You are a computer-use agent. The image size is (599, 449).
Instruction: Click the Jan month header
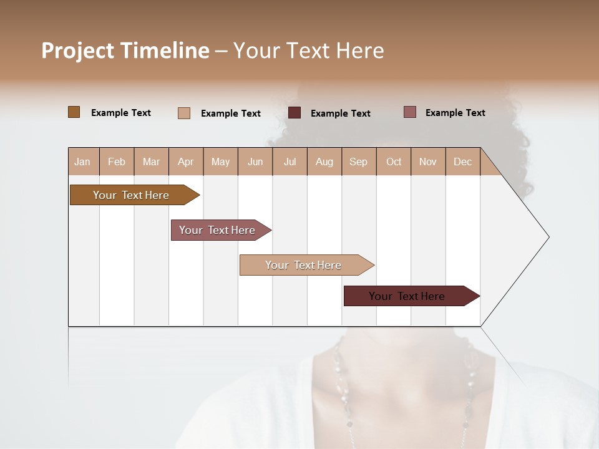point(82,162)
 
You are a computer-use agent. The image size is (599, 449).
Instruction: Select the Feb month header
point(117,162)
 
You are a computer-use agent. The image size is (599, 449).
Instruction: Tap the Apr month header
point(185,162)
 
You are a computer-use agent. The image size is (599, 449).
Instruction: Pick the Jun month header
point(255,162)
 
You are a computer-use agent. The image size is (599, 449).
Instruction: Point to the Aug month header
point(324,162)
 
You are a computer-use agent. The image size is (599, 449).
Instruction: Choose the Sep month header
point(358,162)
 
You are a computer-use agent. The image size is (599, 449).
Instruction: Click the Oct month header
point(394,162)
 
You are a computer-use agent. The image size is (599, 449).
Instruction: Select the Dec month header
point(462,162)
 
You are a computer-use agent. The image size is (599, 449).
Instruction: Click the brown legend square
point(74,112)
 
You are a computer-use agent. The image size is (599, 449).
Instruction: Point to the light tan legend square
point(184,113)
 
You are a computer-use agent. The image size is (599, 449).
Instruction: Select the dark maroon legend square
point(295,113)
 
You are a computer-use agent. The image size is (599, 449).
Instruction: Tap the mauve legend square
point(410,112)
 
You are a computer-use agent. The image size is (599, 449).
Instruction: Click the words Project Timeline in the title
point(125,51)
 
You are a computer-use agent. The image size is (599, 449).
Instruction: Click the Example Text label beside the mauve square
point(455,113)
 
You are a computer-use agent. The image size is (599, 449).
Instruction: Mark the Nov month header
point(428,162)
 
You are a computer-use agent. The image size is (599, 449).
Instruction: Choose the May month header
point(220,162)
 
